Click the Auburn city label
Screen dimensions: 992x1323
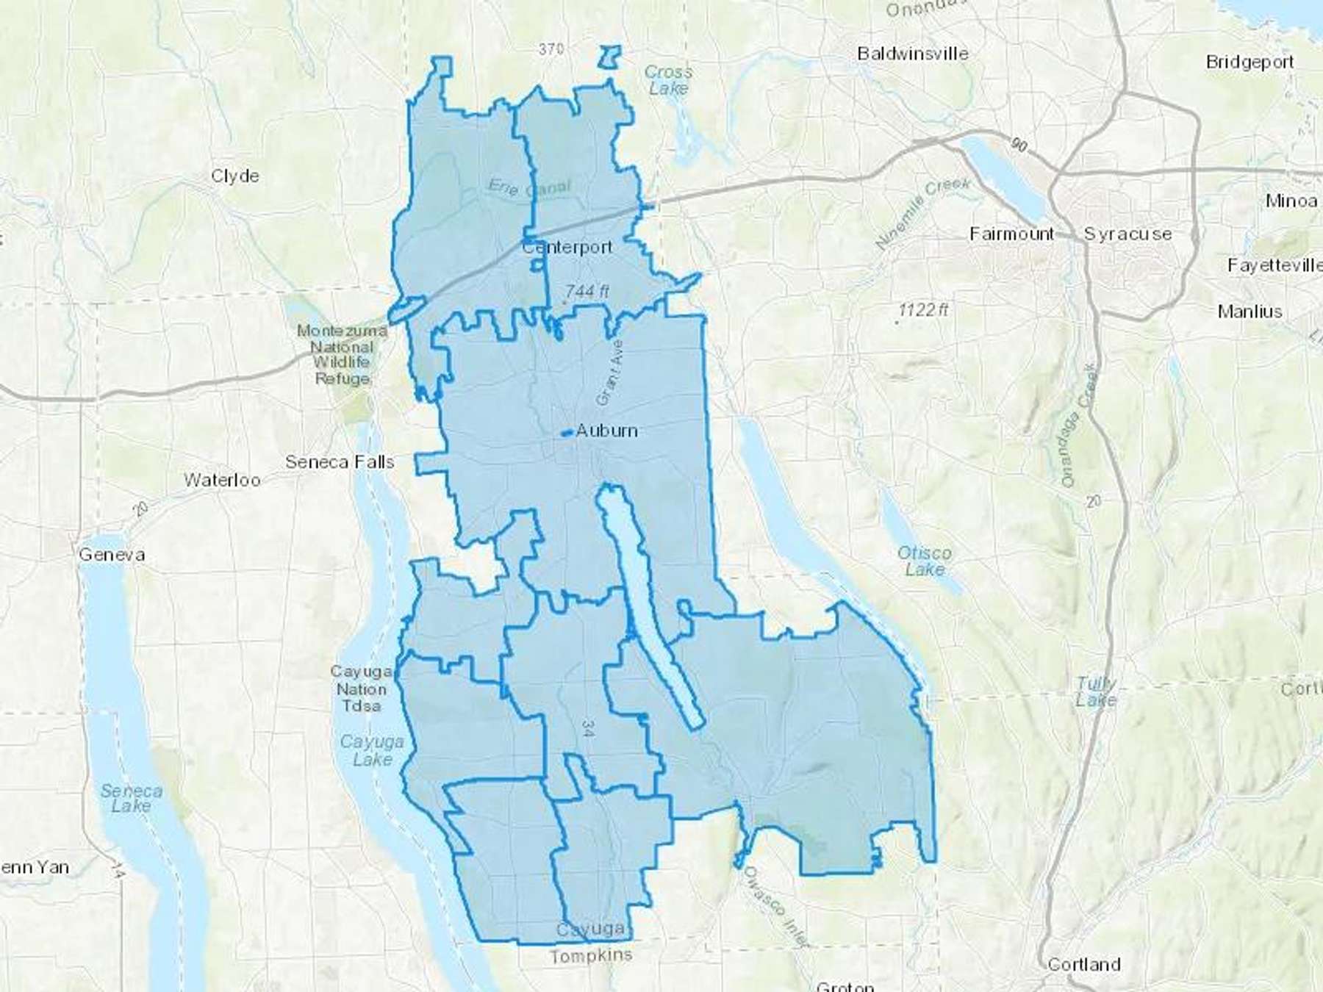(x=606, y=431)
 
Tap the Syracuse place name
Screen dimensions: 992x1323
(x=1127, y=234)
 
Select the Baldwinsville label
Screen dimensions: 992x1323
(x=912, y=54)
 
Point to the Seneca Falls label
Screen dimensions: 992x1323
(x=340, y=462)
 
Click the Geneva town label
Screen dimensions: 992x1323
(x=112, y=555)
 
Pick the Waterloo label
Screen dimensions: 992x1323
(x=222, y=481)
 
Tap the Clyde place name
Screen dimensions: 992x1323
(x=234, y=176)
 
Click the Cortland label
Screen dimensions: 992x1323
(x=1083, y=964)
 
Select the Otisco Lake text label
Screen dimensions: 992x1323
(x=924, y=561)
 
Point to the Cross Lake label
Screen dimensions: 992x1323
(x=668, y=80)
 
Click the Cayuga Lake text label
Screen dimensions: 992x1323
(x=372, y=750)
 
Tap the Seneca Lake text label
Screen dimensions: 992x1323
(x=131, y=799)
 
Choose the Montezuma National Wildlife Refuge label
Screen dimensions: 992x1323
(x=342, y=355)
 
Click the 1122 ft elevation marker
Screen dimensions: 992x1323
(x=923, y=310)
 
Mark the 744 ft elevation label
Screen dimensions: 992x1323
(x=587, y=291)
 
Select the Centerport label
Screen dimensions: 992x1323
(x=567, y=248)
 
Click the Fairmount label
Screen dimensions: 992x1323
(x=1011, y=234)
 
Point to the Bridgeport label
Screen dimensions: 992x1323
(x=1249, y=62)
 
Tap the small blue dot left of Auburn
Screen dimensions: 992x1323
(x=565, y=434)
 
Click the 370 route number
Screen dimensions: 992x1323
(x=551, y=49)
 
